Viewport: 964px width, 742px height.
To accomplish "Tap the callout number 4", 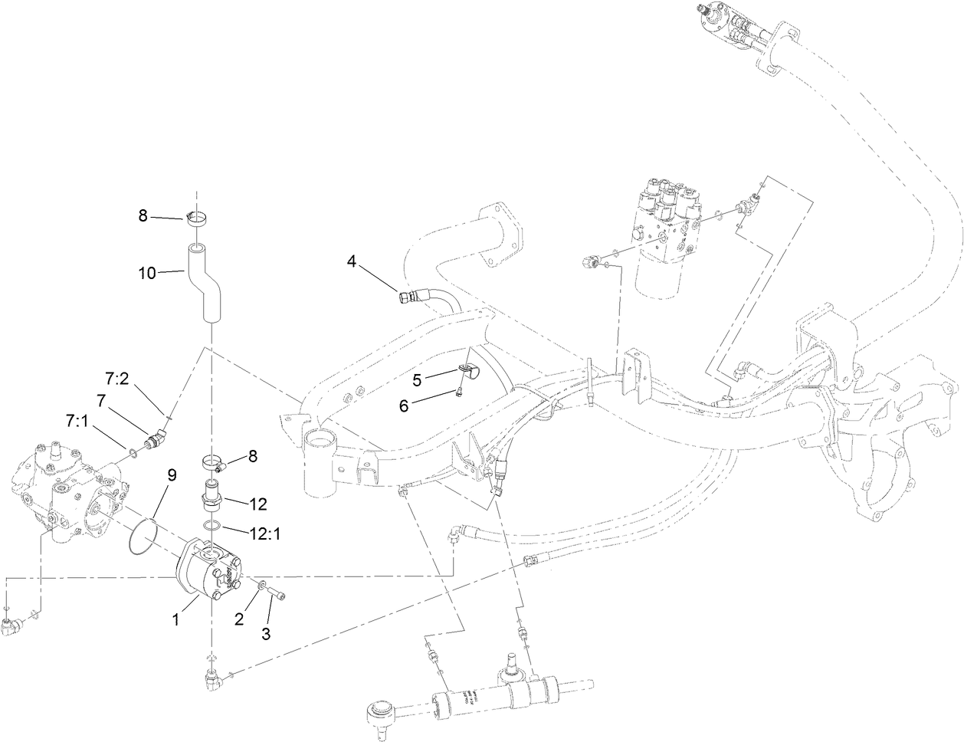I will (x=351, y=261).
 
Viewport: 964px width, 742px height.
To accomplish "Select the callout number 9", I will (x=172, y=475).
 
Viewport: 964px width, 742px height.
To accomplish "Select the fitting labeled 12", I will (x=210, y=495).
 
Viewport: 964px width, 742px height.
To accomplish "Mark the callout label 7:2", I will (x=116, y=379).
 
